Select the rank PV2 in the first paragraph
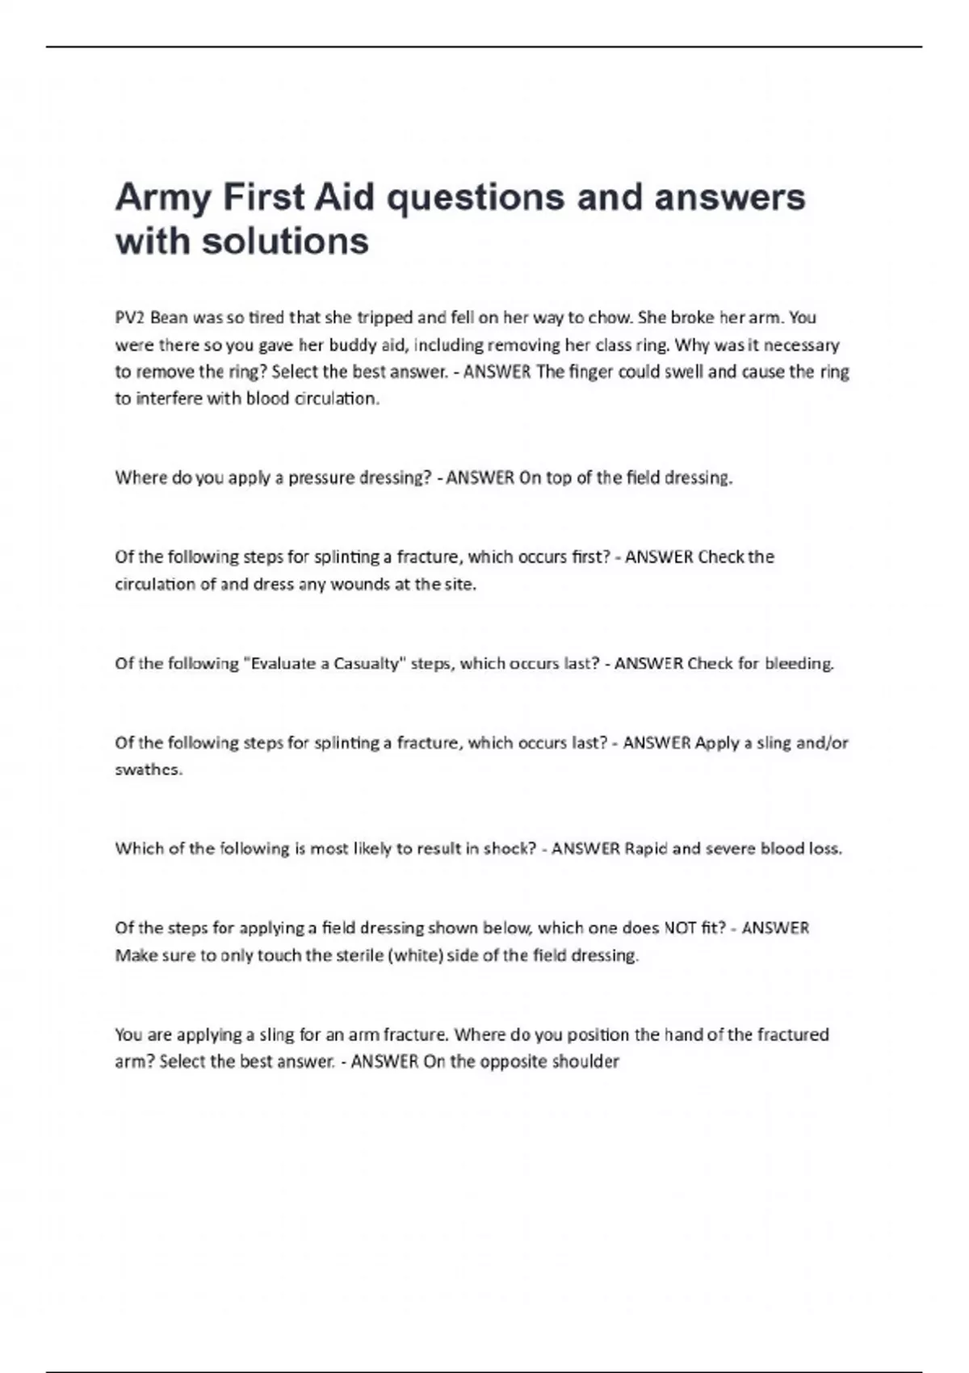click(x=129, y=317)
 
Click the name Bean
click(x=169, y=317)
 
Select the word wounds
click(x=359, y=584)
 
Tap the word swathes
click(x=149, y=769)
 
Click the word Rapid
click(x=646, y=848)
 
